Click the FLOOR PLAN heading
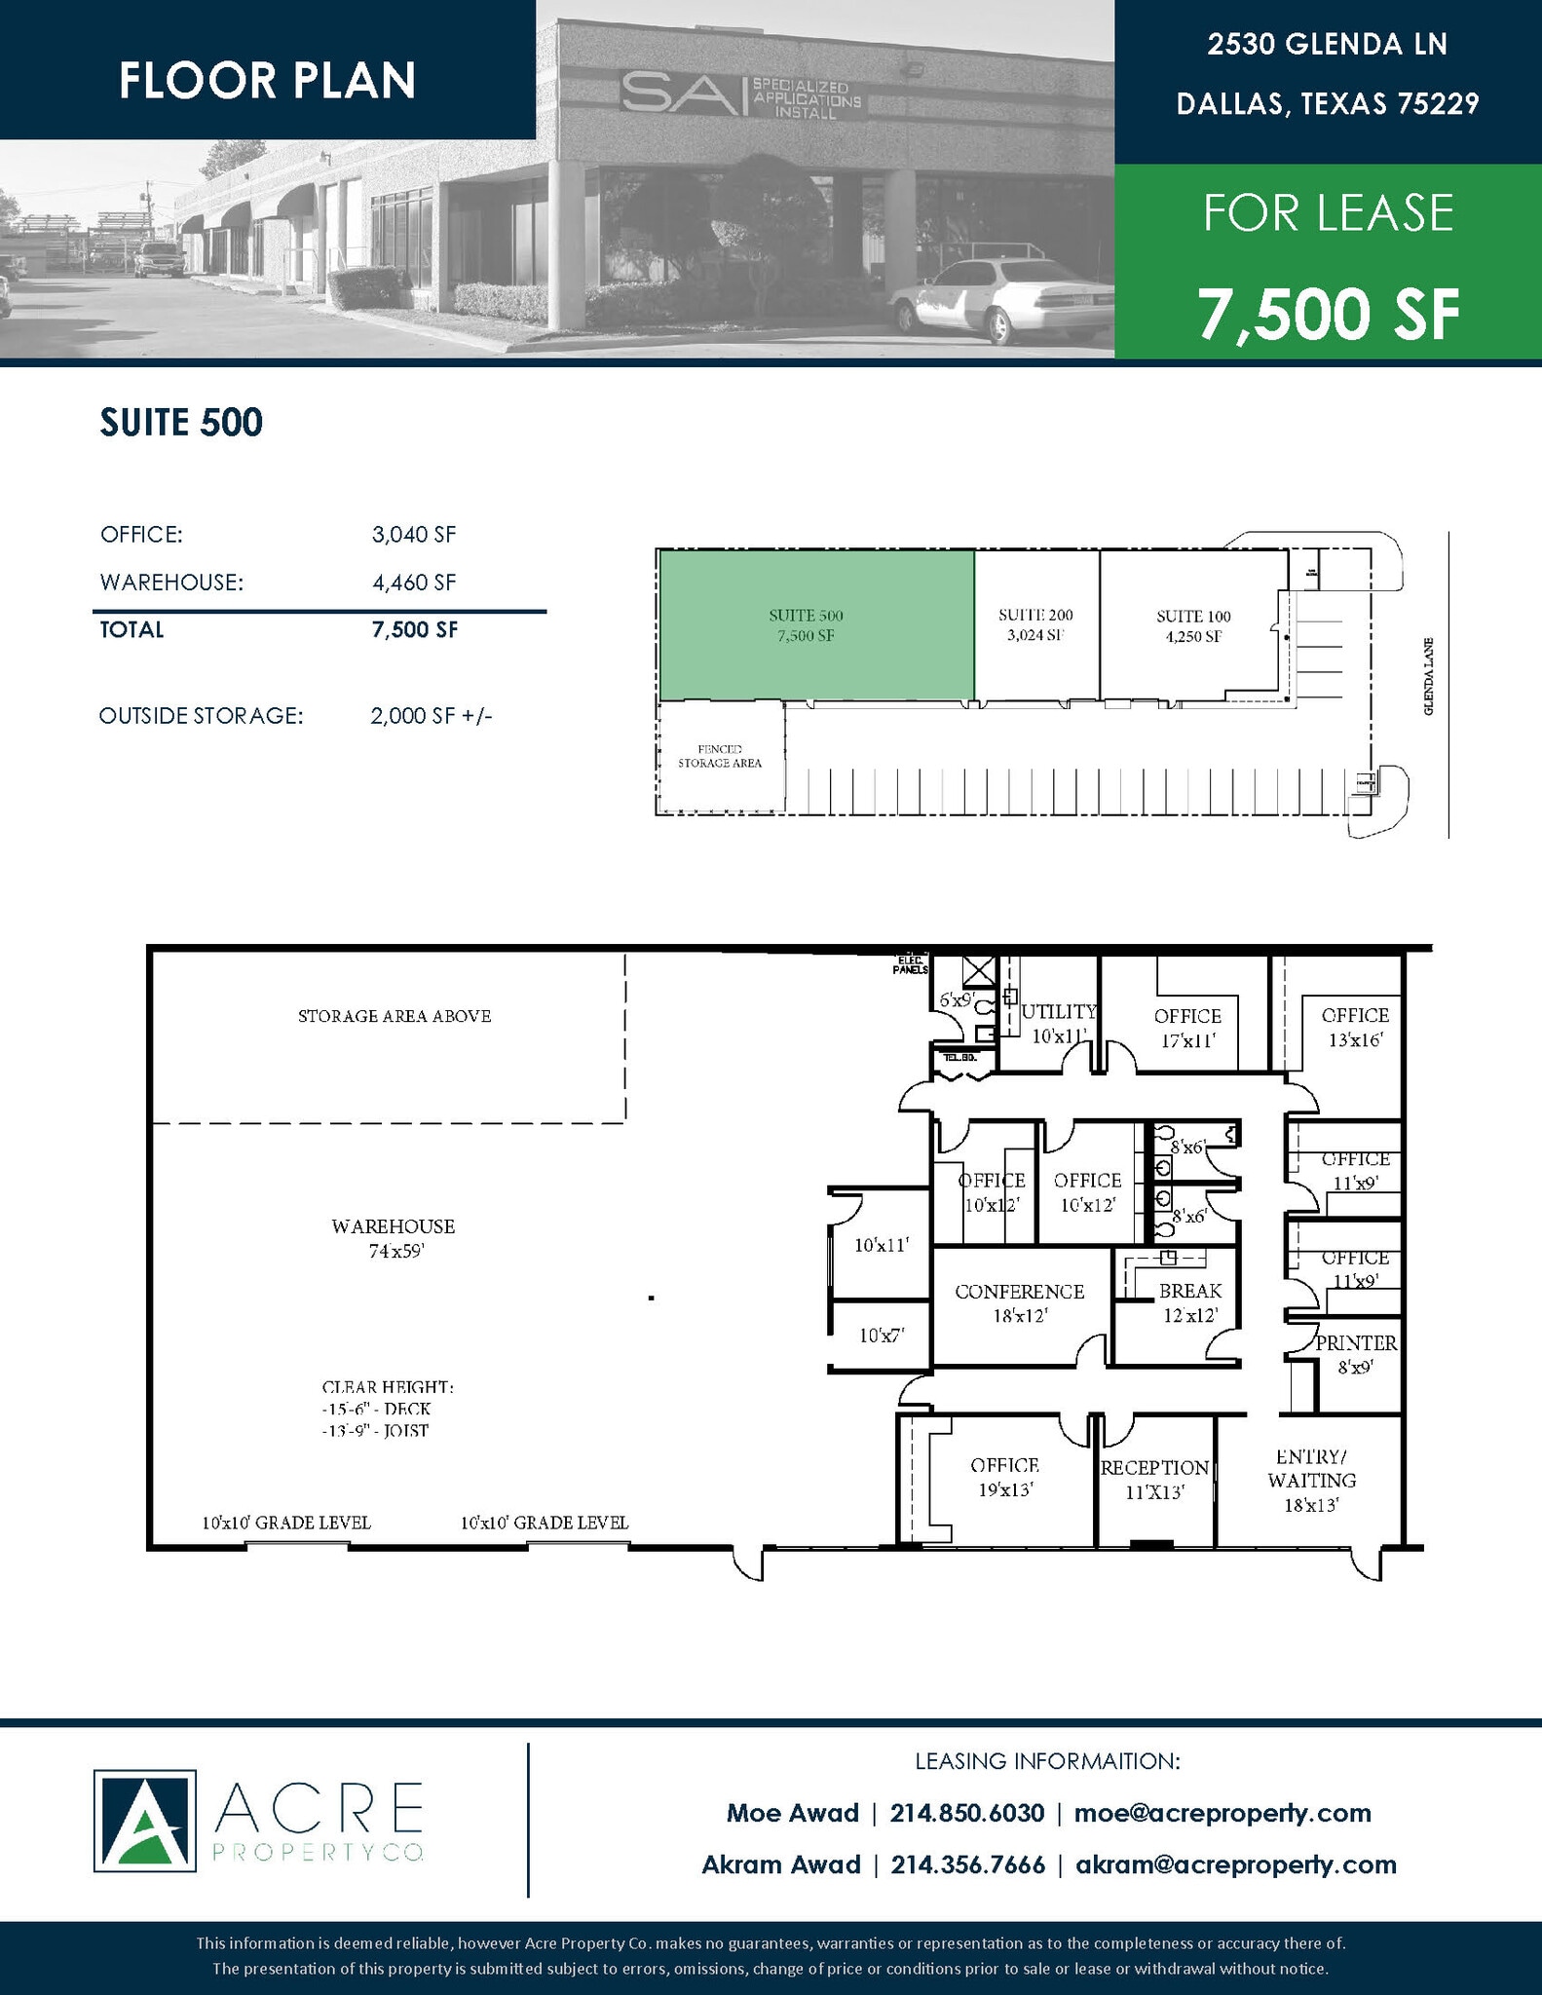[x=267, y=80]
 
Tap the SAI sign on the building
[x=740, y=96]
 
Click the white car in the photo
[x=1003, y=297]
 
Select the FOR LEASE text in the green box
[x=1328, y=213]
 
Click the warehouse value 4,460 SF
[x=413, y=583]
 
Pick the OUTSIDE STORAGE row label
[x=202, y=716]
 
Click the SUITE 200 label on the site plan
[x=1035, y=624]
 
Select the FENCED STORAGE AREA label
[x=720, y=756]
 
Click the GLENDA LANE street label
[x=1428, y=677]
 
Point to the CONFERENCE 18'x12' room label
[x=1019, y=1302]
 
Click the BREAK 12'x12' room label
[x=1189, y=1302]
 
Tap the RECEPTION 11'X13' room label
[x=1154, y=1479]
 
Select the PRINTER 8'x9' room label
[x=1356, y=1354]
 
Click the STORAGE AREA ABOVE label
[x=395, y=1016]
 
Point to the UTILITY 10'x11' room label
[x=1059, y=1023]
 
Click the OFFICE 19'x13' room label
[x=1004, y=1477]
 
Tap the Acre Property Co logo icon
[x=144, y=1821]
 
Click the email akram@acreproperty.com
[x=1235, y=1864]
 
